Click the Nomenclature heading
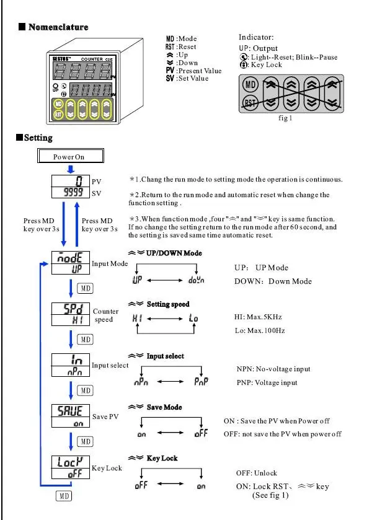pyautogui.click(x=58, y=27)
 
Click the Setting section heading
pyautogui.click(x=38, y=138)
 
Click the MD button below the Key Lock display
pyautogui.click(x=64, y=496)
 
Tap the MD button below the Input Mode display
pyautogui.click(x=86, y=288)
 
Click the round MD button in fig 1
pyautogui.click(x=251, y=84)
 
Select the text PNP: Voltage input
pyautogui.click(x=267, y=382)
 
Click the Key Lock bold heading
pyautogui.click(x=162, y=458)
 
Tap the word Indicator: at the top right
pyautogui.click(x=256, y=38)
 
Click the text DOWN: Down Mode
pyautogui.click(x=273, y=281)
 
